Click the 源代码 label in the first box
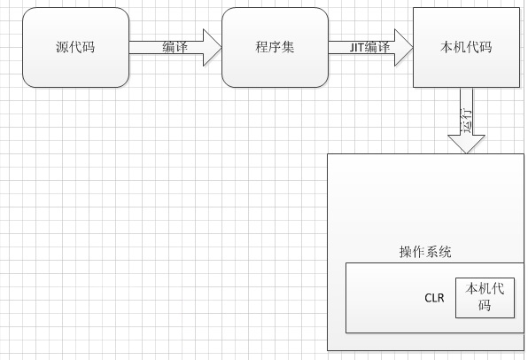pyautogui.click(x=75, y=46)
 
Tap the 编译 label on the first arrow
pyautogui.click(x=175, y=47)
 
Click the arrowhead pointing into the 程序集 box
pyautogui.click(x=212, y=47)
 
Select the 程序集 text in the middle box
pyautogui.click(x=275, y=46)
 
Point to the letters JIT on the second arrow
pyautogui.click(x=357, y=47)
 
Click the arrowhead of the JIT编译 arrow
pyautogui.click(x=403, y=47)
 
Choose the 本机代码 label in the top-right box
pyautogui.click(x=466, y=47)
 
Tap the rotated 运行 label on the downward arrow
pyautogui.click(x=466, y=121)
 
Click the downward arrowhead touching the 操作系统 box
pyautogui.click(x=466, y=144)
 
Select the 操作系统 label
pyautogui.click(x=425, y=252)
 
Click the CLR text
pyautogui.click(x=434, y=298)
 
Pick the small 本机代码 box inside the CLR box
pyautogui.click(x=485, y=298)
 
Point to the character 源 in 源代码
pyautogui.click(x=63, y=47)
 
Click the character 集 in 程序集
pyautogui.click(x=288, y=46)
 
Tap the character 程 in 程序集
pyautogui.click(x=262, y=46)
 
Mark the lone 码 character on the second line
pyautogui.click(x=485, y=305)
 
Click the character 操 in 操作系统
pyautogui.click(x=406, y=252)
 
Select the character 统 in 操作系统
pyautogui.click(x=445, y=252)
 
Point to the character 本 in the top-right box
pyautogui.click(x=446, y=47)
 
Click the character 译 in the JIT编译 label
pyautogui.click(x=384, y=47)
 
